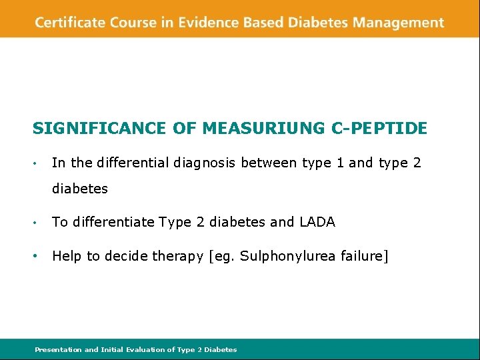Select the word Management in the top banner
(398, 23)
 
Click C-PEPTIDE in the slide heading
(379, 128)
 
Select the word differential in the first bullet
(132, 162)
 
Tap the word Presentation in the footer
(58, 349)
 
